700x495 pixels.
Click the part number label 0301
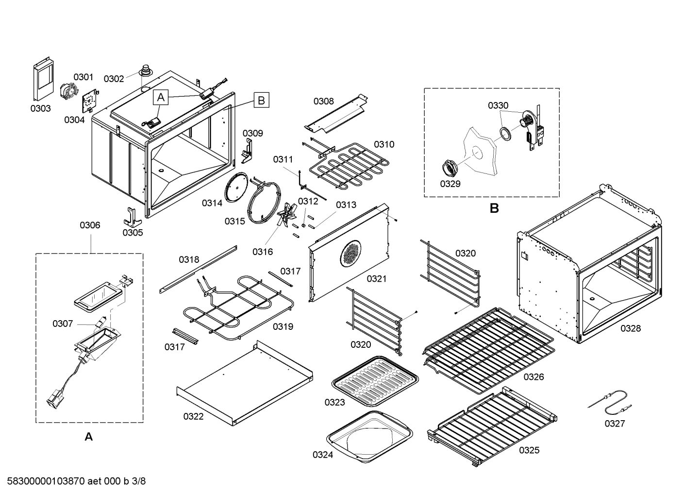click(x=83, y=77)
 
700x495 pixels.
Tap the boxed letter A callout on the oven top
click(x=161, y=98)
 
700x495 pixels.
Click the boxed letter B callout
click(x=261, y=101)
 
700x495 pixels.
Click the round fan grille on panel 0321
click(x=351, y=253)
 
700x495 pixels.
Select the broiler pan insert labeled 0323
click(x=375, y=378)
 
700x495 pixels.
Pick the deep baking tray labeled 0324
click(x=370, y=434)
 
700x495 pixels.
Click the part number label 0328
click(x=630, y=328)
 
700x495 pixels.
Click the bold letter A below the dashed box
click(x=89, y=437)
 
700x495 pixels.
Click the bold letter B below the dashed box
click(x=494, y=208)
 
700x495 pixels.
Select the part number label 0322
click(x=193, y=416)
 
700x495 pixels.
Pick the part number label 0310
click(x=383, y=144)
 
